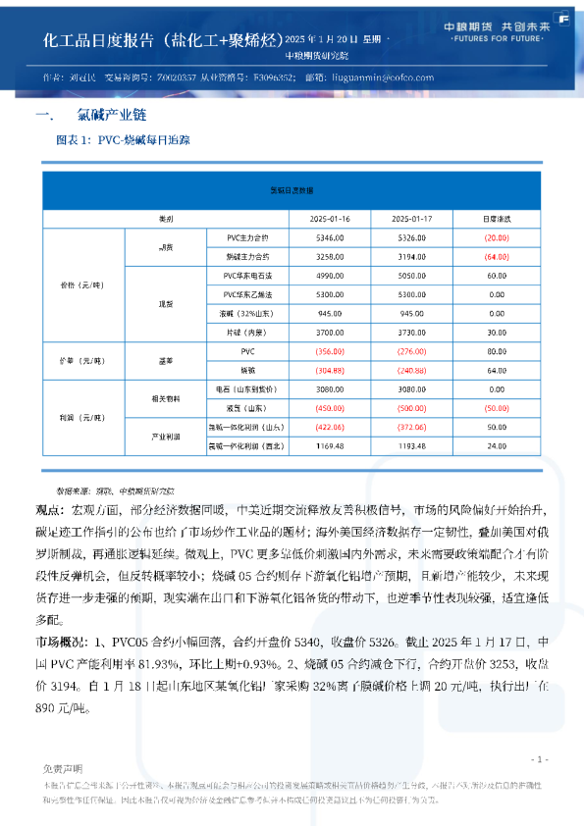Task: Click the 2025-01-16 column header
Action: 330,218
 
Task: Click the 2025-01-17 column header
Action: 412,218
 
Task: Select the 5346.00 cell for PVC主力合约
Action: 330,237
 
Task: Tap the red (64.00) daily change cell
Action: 496,255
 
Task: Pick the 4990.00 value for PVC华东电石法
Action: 330,277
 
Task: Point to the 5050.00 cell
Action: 412,277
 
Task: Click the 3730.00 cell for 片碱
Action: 412,333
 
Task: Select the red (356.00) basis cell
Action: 330,351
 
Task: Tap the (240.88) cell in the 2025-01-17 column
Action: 412,370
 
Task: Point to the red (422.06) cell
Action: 330,427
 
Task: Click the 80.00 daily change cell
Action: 496,351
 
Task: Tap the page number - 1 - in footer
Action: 539,759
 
